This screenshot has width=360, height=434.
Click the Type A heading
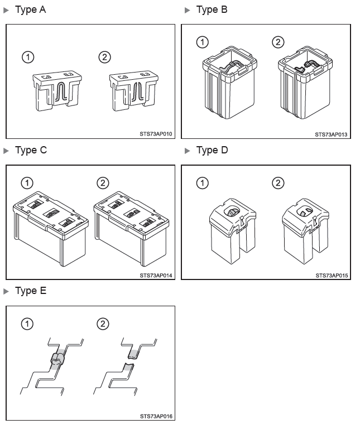click(31, 10)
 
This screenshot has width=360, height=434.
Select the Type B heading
click(212, 10)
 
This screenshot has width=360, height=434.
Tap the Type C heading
click(31, 150)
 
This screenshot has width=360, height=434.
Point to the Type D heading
click(212, 150)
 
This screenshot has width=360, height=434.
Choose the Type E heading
click(31, 291)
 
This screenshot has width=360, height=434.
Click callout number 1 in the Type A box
click(28, 57)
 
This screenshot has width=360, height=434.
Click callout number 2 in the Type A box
click(104, 57)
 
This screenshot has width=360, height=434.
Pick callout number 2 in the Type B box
click(278, 42)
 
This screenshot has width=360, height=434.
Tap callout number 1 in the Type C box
click(27, 183)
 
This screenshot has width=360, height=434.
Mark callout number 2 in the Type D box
click(278, 183)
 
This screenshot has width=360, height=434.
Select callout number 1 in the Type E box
click(27, 324)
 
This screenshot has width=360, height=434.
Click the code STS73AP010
click(156, 134)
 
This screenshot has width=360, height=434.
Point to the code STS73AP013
click(331, 134)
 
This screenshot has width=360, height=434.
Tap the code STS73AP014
click(156, 276)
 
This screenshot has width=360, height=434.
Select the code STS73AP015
click(332, 276)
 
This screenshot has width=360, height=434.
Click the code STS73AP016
click(156, 416)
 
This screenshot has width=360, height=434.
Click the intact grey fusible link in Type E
click(58, 359)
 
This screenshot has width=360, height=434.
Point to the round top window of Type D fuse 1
click(232, 212)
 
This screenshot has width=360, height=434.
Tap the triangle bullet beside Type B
click(188, 10)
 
